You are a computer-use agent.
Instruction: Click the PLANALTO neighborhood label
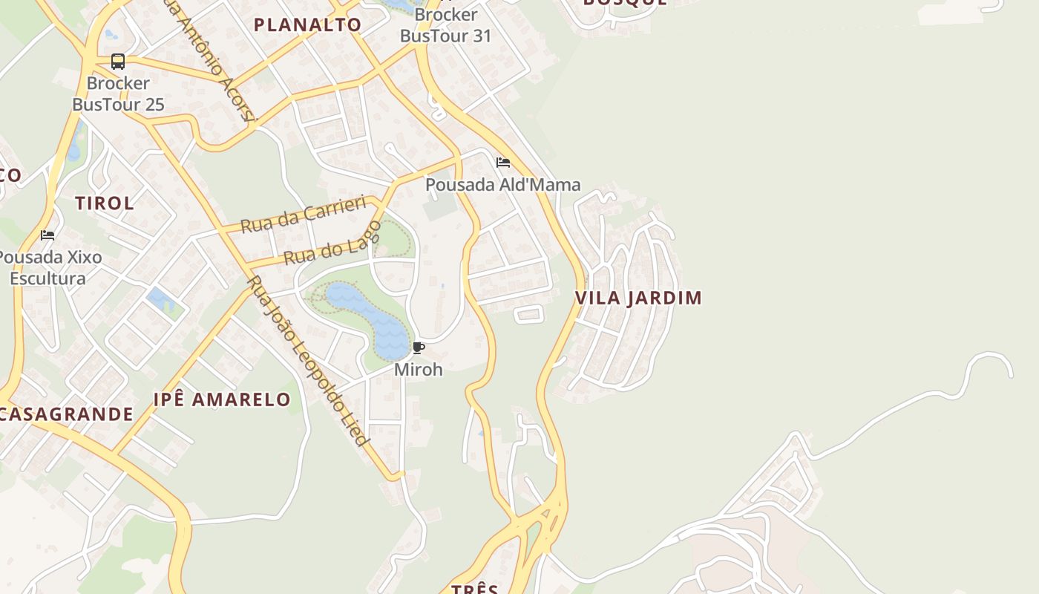(x=307, y=25)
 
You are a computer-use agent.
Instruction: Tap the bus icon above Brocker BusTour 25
(x=118, y=62)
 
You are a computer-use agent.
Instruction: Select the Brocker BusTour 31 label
(x=445, y=25)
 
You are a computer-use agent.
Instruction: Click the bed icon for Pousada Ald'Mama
(x=503, y=163)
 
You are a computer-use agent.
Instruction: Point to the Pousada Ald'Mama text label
(x=502, y=184)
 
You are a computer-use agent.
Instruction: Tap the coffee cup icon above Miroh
(x=419, y=347)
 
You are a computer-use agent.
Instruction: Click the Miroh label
(x=418, y=369)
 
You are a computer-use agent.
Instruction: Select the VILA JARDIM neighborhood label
(x=638, y=298)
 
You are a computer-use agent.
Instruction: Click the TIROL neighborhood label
(x=105, y=203)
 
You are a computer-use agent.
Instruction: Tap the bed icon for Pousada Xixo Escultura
(x=47, y=235)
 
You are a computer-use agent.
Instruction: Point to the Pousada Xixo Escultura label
(x=49, y=268)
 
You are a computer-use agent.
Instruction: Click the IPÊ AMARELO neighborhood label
(x=222, y=399)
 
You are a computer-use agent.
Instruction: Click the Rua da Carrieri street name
(x=304, y=214)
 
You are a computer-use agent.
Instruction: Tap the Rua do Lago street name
(x=332, y=244)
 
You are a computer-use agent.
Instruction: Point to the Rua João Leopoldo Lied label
(x=308, y=362)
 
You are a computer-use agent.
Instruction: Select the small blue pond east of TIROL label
(x=160, y=299)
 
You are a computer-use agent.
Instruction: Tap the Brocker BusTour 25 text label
(x=118, y=94)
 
